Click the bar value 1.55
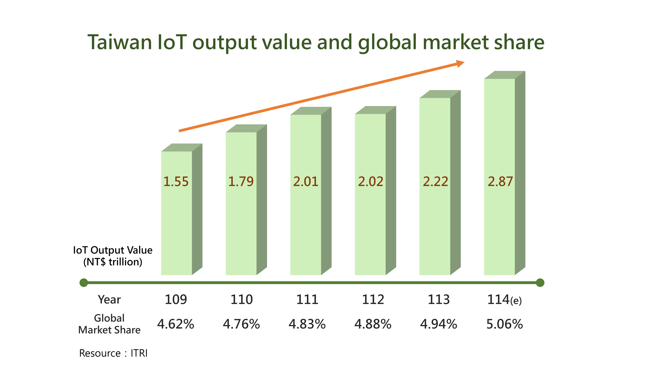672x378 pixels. point(176,182)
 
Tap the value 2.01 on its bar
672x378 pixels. point(306,182)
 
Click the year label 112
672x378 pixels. point(373,300)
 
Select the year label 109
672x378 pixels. point(176,300)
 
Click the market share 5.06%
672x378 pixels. point(505,324)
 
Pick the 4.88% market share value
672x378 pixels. point(373,324)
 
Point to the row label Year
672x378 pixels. point(109,300)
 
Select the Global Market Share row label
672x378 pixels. point(109,324)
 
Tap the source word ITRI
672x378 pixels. point(139,353)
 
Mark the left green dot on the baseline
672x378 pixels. point(84,283)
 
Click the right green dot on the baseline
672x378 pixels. point(540,283)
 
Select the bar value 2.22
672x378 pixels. point(435,182)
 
